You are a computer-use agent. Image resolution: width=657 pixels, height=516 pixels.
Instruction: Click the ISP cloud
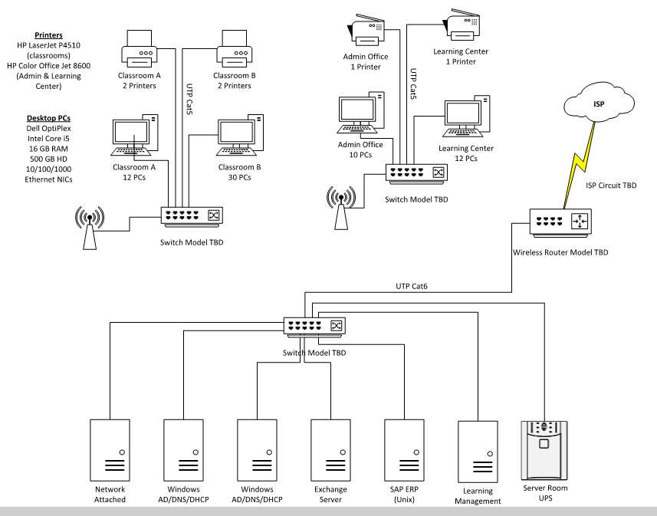598,103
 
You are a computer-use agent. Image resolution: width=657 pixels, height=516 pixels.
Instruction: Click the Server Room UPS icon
544,449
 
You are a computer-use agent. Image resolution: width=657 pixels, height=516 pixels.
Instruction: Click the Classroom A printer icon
139,51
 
